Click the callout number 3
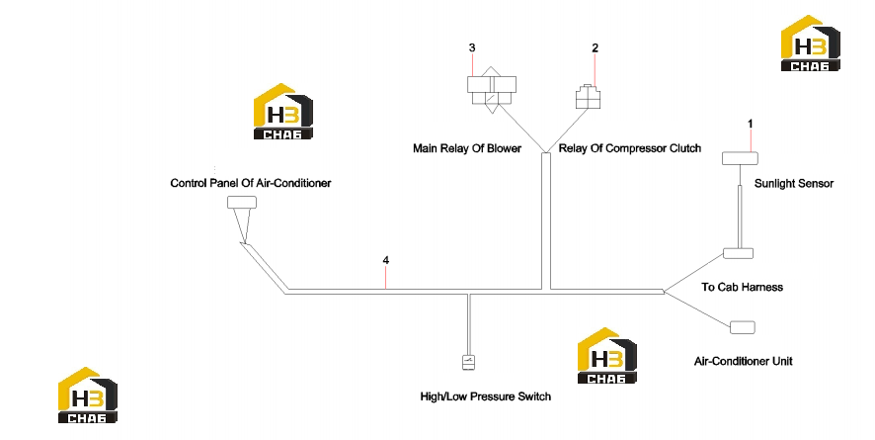coord(472,48)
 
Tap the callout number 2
coord(595,48)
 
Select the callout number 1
coord(751,124)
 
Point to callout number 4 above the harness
coord(385,260)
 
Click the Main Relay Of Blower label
coord(467,148)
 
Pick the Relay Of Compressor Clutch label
coord(630,148)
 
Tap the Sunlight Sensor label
coord(794,183)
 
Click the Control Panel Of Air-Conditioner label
coord(251,183)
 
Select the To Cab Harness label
coord(743,287)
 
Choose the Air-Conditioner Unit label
coord(744,361)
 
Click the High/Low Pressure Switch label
coord(486,396)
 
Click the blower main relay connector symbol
coord(491,90)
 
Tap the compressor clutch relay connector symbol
coord(589,96)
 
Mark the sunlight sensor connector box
coord(740,158)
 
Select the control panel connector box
coord(242,202)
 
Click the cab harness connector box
coord(739,253)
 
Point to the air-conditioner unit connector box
coord(743,327)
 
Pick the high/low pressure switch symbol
coord(469,363)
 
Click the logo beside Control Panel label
coord(282,111)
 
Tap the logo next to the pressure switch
coord(606,356)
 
